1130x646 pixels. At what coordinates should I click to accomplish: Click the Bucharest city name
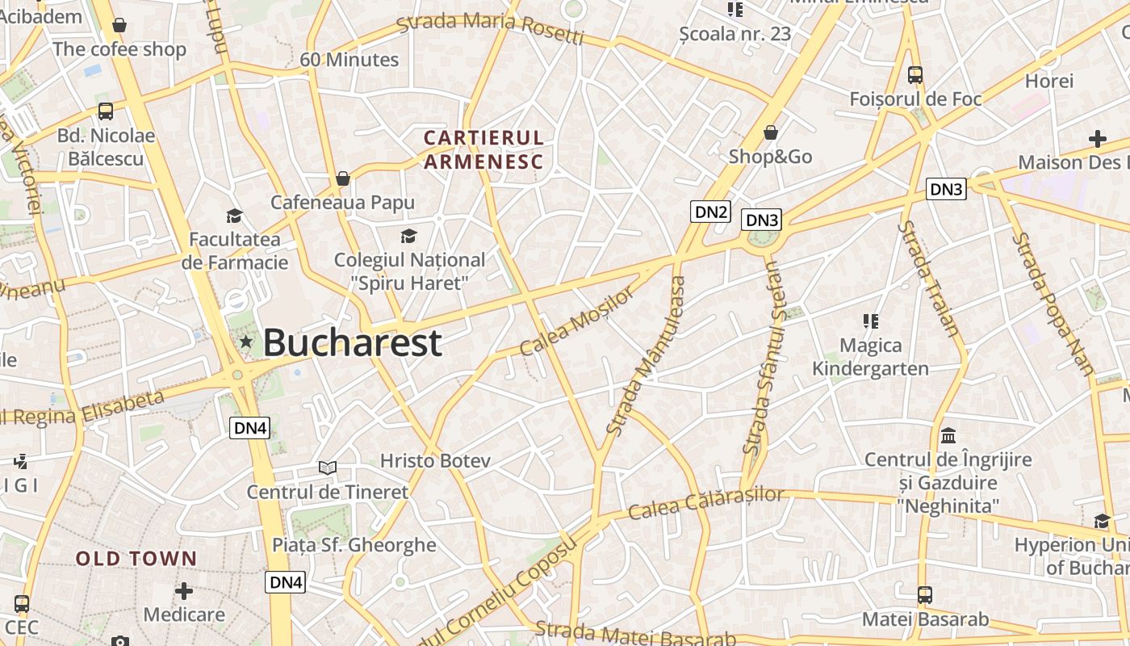coord(353,342)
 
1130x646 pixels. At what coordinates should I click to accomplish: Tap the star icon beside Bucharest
coord(246,342)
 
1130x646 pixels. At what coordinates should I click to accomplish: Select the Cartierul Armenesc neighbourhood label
coord(484,149)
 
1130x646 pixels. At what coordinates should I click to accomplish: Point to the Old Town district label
coord(136,559)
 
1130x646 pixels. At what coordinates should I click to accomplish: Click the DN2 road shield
coord(711,212)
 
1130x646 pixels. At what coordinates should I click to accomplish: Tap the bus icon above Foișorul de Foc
coord(915,75)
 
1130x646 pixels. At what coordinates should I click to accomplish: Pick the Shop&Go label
coord(770,157)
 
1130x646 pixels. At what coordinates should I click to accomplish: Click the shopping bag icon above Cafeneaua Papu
coord(343,178)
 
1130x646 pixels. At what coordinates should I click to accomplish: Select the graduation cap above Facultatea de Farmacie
coord(234,216)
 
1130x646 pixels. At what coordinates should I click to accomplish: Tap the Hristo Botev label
coord(435,461)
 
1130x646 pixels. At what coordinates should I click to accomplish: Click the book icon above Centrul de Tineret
coord(327,468)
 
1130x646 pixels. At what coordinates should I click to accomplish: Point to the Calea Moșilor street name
coord(577,322)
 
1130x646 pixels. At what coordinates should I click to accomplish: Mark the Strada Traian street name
coord(929,279)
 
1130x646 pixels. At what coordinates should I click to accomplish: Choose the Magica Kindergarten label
coord(870,357)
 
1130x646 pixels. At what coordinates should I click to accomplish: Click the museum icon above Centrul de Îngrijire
coord(948,436)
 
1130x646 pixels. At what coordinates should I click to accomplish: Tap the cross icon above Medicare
coord(184,591)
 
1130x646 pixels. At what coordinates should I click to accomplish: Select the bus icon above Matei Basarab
coord(925,596)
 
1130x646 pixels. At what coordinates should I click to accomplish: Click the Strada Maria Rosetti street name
coord(491,28)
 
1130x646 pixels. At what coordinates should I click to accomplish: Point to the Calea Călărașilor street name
coord(706,503)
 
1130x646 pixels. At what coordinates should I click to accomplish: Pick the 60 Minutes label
coord(349,60)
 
